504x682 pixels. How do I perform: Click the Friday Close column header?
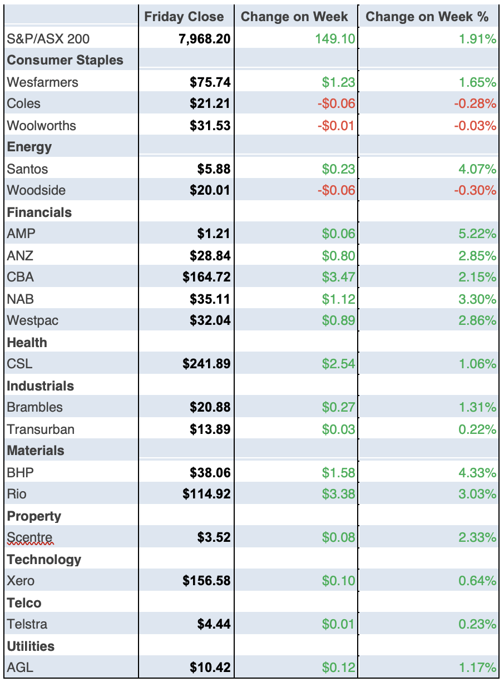click(x=184, y=17)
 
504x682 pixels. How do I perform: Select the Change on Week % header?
click(x=427, y=17)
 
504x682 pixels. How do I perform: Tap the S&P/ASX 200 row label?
click(x=48, y=39)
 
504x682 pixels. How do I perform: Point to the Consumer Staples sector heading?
click(x=65, y=60)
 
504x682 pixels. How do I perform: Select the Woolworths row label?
click(x=41, y=126)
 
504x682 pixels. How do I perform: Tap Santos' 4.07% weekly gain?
click(x=477, y=169)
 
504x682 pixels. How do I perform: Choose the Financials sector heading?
click(x=39, y=212)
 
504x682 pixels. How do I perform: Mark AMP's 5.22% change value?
click(x=477, y=234)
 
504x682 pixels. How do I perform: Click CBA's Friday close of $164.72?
click(x=206, y=277)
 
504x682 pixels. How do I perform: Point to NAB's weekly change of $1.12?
click(x=338, y=299)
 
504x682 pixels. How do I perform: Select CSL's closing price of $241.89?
click(x=206, y=364)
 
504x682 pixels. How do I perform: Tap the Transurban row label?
click(x=41, y=429)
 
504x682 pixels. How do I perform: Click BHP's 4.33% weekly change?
click(x=477, y=473)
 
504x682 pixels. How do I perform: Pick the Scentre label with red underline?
click(x=30, y=538)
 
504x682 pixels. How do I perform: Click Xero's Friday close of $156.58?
click(x=206, y=581)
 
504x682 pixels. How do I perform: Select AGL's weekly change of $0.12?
click(x=338, y=668)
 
